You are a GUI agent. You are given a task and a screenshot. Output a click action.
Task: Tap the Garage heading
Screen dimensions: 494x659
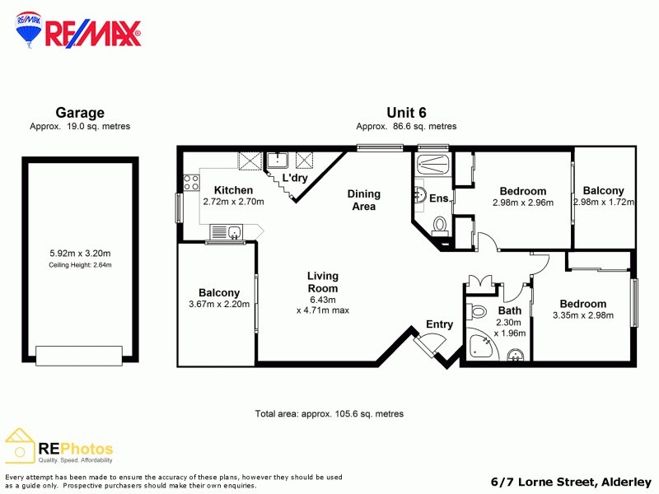[80, 113]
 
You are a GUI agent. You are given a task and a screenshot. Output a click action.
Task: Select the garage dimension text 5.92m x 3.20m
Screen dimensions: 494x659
[80, 254]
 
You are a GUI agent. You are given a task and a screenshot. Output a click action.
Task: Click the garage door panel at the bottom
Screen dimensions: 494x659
[80, 355]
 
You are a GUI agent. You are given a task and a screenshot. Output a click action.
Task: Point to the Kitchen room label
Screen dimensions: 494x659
[222, 189]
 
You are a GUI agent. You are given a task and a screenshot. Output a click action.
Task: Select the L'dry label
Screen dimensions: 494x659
[295, 178]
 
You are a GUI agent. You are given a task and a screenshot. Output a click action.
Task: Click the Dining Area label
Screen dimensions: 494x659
[363, 200]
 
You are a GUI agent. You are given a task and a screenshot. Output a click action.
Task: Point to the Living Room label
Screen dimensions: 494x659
[323, 282]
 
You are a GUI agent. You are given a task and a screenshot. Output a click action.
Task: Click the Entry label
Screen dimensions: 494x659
[439, 324]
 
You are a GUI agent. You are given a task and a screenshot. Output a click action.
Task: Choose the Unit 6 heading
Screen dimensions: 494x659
[405, 113]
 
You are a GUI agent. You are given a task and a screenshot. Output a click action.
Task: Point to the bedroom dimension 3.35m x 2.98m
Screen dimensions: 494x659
[582, 316]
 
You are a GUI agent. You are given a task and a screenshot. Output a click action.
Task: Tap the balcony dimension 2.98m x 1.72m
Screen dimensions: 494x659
[604, 203]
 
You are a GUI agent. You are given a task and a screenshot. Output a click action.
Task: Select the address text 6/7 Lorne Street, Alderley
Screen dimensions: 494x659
[570, 482]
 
